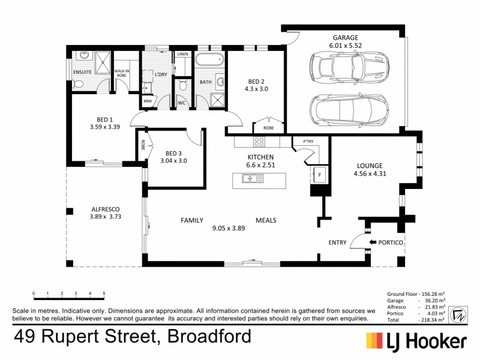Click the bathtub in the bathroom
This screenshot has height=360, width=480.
click(210, 60)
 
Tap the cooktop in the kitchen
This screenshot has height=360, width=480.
click(260, 142)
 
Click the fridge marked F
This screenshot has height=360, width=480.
click(319, 175)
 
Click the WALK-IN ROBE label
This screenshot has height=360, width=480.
click(121, 73)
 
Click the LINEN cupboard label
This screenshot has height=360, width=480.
click(182, 55)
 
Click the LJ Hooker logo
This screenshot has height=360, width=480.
click(416, 341)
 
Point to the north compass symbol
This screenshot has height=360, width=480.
click(457, 313)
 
